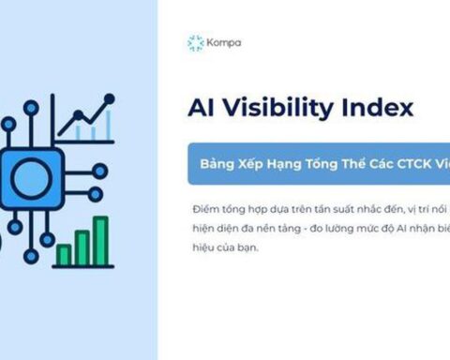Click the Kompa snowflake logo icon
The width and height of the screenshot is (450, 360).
click(195, 43)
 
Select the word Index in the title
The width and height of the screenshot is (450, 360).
click(380, 108)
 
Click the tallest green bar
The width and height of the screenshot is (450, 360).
click(100, 241)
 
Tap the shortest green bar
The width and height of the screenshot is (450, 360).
click(64, 254)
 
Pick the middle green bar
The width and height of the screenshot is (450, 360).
click(82, 247)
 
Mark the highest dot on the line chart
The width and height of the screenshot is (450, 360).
click(111, 97)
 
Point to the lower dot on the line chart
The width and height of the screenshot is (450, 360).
click(79, 115)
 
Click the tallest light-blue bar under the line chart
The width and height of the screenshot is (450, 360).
click(108, 125)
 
